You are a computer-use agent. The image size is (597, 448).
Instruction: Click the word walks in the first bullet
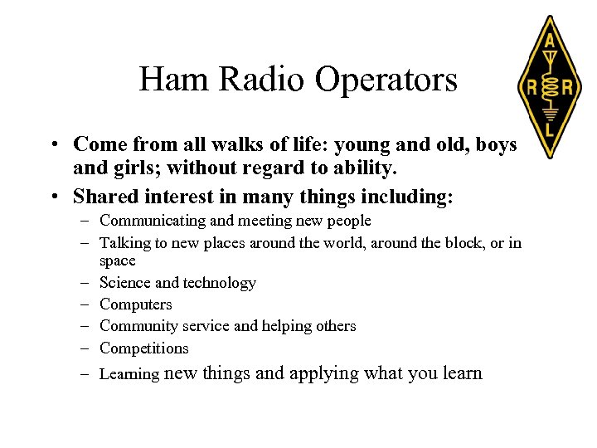(x=244, y=144)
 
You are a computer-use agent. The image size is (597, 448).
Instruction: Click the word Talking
(x=123, y=242)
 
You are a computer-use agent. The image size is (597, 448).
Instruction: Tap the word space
(x=117, y=261)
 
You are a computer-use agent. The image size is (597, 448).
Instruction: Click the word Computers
(x=135, y=304)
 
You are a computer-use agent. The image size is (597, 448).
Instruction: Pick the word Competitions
(x=143, y=348)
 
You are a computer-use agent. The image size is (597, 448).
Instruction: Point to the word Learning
(x=129, y=374)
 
